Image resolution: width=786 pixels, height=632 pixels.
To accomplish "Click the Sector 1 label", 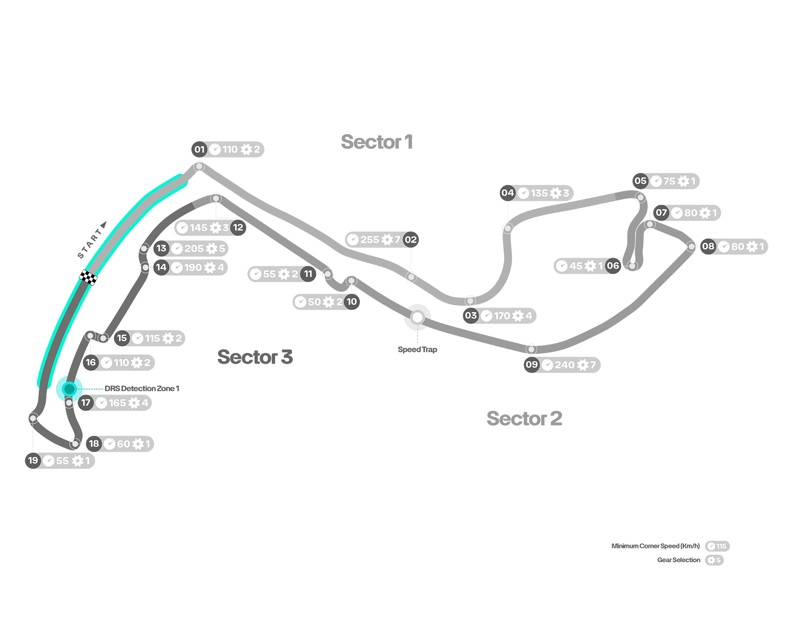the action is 377,142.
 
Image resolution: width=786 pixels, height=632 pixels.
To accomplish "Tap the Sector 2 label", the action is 524,419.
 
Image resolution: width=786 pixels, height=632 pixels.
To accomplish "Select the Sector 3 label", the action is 255,357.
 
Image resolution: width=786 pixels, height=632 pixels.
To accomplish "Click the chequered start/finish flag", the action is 88,277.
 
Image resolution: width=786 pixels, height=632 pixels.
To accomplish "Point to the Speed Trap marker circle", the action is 418,317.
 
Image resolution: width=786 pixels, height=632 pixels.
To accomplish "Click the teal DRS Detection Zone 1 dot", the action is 69,389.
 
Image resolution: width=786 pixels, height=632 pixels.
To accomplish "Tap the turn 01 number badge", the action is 200,149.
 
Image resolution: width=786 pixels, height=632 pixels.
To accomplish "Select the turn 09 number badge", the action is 532,364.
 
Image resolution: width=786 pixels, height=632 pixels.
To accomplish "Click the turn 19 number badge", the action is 33,461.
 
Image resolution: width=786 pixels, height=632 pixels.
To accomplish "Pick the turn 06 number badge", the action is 613,266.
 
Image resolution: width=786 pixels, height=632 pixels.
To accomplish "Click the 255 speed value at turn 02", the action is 370,240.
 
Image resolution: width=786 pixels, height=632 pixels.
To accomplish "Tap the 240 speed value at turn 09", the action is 564,365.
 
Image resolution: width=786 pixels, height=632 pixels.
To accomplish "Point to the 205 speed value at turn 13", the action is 194,248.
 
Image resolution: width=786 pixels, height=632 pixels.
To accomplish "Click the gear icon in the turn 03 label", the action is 518,316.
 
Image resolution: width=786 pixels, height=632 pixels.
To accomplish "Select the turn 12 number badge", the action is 238,227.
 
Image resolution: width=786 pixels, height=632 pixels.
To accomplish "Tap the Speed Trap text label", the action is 418,350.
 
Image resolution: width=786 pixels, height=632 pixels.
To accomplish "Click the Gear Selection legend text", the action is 678,560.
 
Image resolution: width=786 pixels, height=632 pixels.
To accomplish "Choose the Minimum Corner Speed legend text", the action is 655,546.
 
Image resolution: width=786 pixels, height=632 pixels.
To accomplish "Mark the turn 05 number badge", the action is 641,181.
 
